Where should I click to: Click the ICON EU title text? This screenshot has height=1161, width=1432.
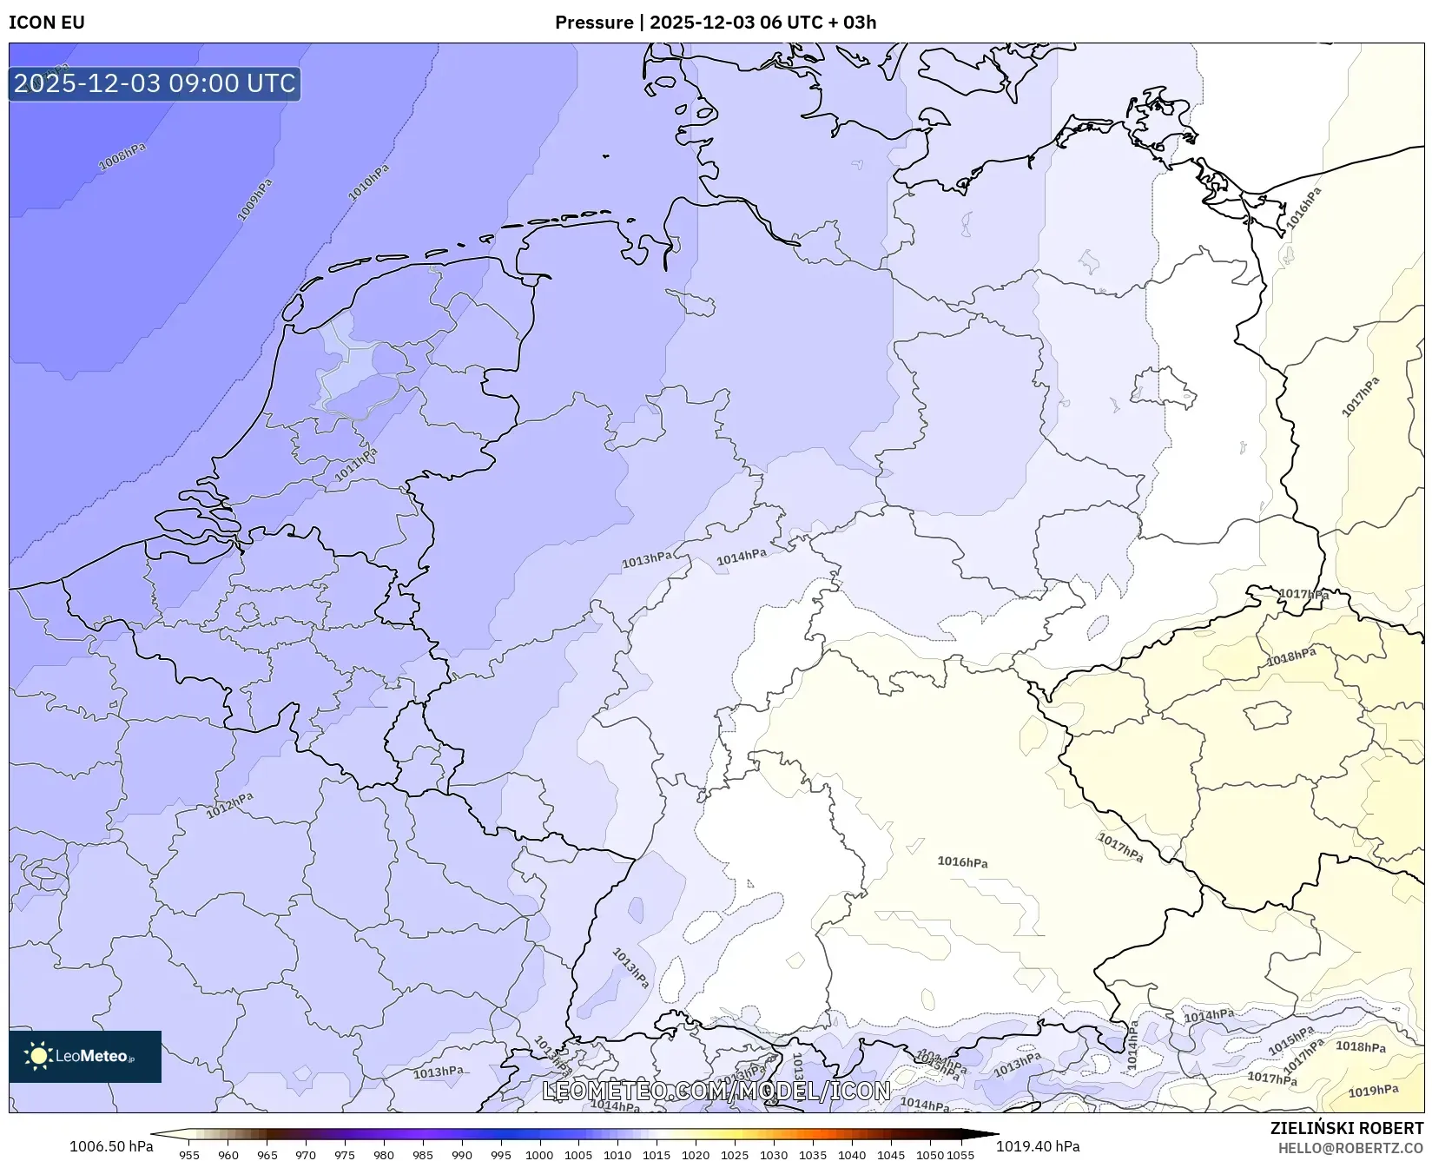47,23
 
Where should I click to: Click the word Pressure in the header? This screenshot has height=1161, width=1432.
594,23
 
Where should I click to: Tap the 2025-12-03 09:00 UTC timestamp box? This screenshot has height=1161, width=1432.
155,83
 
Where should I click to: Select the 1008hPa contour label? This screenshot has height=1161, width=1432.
122,157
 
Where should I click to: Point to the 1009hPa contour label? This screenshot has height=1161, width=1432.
255,200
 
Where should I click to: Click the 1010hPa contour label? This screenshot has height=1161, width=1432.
369,183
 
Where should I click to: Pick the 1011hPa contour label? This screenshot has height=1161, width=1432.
357,465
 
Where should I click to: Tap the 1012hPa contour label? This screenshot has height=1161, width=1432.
230,805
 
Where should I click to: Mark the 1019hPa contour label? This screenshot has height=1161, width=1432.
1373,1091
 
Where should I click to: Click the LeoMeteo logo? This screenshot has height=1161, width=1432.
85,1056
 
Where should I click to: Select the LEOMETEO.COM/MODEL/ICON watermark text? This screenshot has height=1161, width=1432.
716,1091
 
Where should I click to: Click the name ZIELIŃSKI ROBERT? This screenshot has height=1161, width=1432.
1347,1129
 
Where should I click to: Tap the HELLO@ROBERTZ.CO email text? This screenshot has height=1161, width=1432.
1350,1148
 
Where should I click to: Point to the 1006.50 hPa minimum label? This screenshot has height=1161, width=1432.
111,1146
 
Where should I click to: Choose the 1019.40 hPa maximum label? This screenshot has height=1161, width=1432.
1038,1146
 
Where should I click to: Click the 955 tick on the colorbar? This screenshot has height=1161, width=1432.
189,1155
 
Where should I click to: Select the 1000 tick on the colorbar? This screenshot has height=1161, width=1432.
539,1155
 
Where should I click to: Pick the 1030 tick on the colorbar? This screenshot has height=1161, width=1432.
774,1155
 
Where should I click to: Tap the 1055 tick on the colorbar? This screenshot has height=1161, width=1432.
960,1155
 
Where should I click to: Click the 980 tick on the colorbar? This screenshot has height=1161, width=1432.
384,1155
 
